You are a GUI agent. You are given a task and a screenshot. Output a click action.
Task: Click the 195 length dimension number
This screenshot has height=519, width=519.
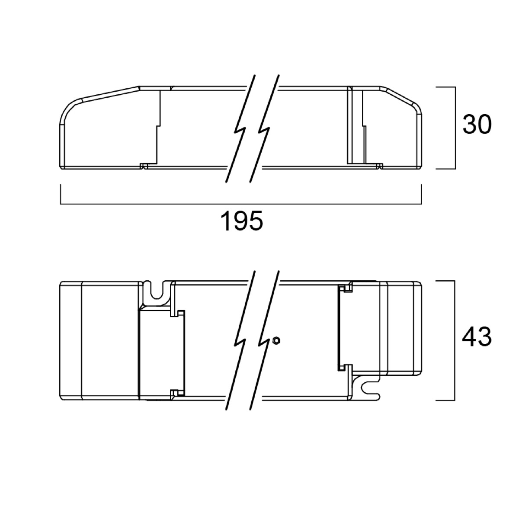[x=241, y=221]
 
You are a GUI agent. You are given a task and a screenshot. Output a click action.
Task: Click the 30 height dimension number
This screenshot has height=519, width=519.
[x=477, y=124]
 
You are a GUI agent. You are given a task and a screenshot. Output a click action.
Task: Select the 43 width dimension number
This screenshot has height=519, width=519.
[x=477, y=336]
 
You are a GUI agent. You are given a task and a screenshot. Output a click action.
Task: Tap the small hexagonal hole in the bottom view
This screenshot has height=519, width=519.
[x=276, y=340]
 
